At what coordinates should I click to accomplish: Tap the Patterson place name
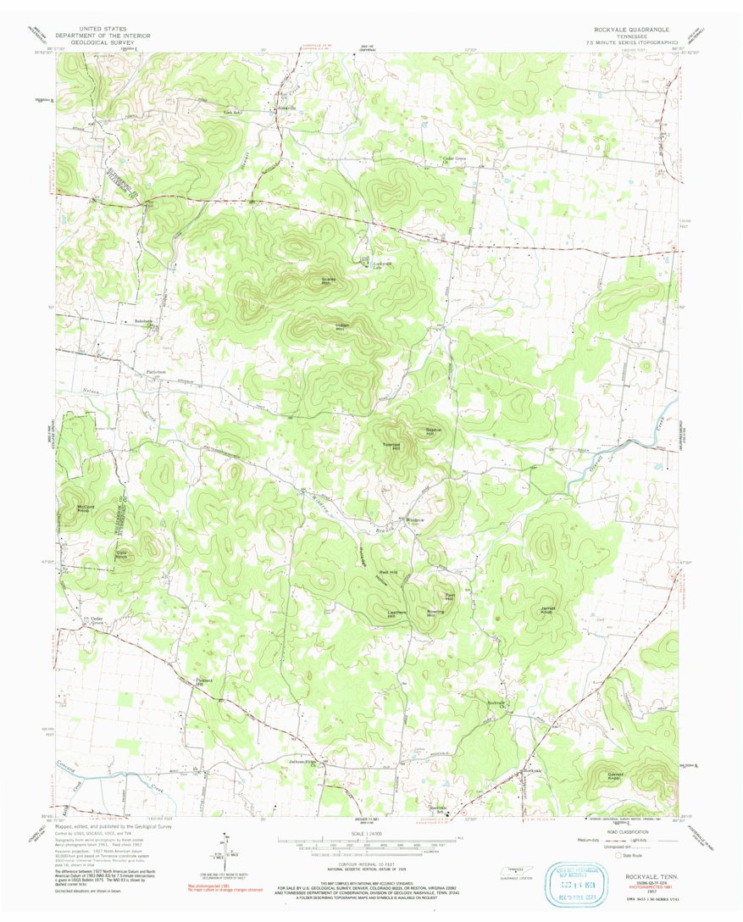[156, 371]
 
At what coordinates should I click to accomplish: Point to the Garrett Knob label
[615, 776]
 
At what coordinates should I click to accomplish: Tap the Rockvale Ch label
[496, 705]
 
